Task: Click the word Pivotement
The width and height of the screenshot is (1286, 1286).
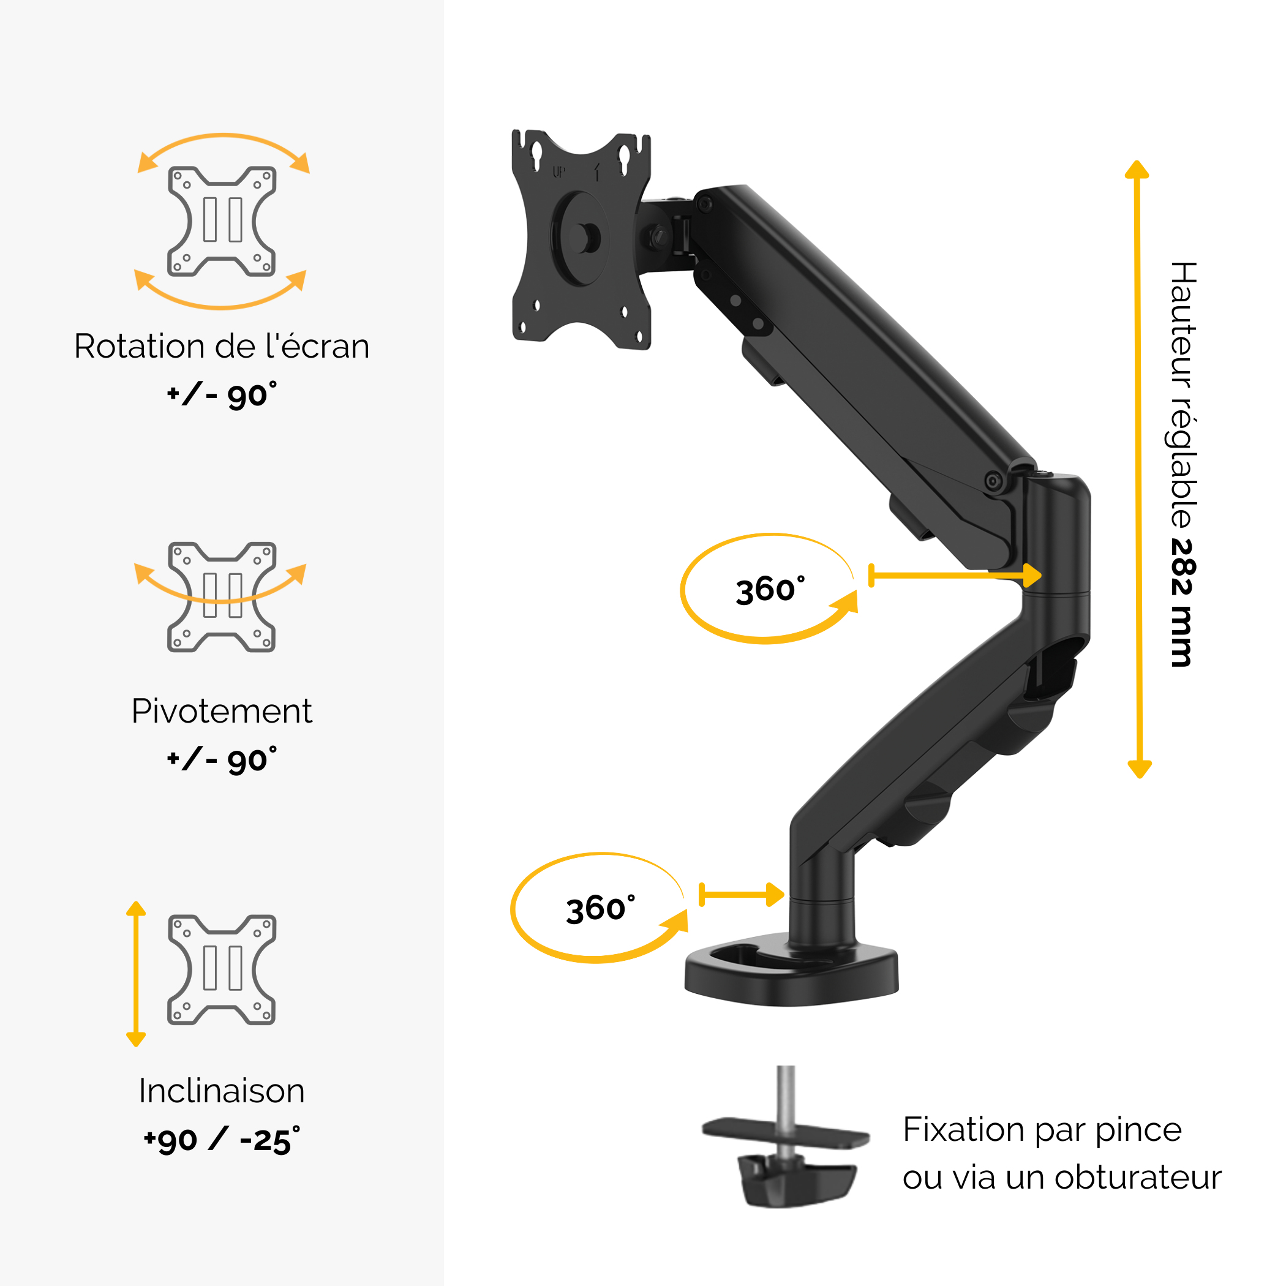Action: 221,712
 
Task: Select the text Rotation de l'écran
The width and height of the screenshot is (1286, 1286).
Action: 222,346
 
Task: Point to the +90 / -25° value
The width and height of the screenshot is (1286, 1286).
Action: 222,1141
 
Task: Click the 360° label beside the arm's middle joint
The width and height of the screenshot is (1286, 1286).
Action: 770,590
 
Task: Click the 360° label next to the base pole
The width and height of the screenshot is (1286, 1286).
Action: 600,909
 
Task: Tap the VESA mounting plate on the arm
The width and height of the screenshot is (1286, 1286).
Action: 581,239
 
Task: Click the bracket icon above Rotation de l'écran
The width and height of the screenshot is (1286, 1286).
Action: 222,222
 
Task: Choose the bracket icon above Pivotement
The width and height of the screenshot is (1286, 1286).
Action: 222,597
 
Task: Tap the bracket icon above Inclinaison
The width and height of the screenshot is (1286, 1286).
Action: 222,970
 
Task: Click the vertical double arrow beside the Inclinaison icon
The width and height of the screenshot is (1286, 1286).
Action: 136,974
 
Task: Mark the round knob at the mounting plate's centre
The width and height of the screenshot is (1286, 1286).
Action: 584,238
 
